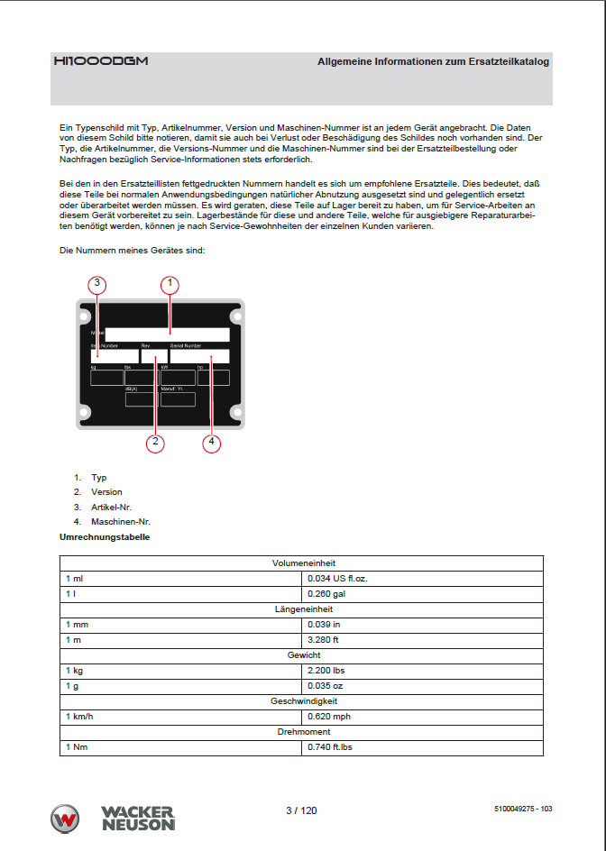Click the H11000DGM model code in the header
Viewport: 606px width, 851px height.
tap(100, 61)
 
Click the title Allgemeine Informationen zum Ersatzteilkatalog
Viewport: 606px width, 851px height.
tap(433, 62)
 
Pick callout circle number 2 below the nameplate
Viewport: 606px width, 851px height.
tap(155, 442)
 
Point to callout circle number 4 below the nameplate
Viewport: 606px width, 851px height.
tap(211, 442)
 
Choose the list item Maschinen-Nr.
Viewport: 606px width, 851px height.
tap(120, 521)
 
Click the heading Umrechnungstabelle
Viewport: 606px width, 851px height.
tap(104, 537)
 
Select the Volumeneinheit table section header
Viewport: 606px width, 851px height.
tap(304, 563)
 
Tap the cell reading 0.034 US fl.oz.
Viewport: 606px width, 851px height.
tap(339, 578)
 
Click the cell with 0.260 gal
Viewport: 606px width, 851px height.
tap(326, 594)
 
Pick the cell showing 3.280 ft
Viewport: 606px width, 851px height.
tap(323, 639)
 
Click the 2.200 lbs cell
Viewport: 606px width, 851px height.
tap(326, 671)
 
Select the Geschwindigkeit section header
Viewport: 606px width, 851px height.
tap(304, 700)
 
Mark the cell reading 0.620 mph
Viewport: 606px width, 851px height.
tap(328, 717)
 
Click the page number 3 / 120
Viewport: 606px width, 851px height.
tap(301, 810)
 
